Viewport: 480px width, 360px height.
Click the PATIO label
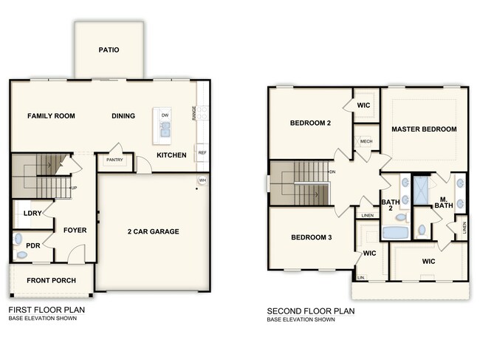(x=109, y=50)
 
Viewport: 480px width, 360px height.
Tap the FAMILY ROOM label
(x=53, y=116)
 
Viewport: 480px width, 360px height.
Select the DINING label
(x=124, y=116)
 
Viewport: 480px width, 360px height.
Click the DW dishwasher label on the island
(x=165, y=116)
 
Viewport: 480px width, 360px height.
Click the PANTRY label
(x=114, y=160)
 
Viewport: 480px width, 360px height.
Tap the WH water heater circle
(x=202, y=180)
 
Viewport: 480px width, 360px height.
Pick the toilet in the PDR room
(x=21, y=254)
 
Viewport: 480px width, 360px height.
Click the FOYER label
(x=75, y=230)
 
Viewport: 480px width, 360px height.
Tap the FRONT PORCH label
(x=49, y=281)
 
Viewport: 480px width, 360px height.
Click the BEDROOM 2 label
(x=310, y=123)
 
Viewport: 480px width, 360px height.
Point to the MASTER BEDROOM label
(x=424, y=129)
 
